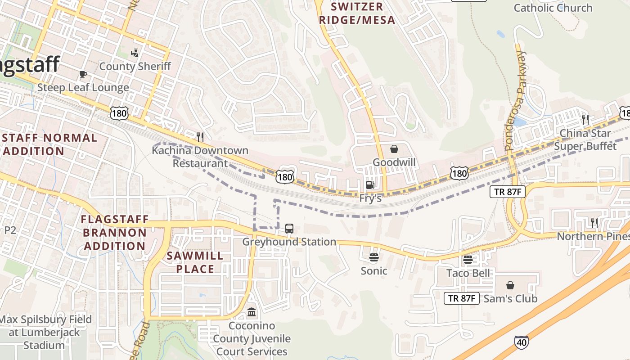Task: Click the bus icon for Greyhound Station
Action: tap(289, 229)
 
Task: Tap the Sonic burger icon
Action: tap(373, 257)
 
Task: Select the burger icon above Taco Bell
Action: tap(468, 260)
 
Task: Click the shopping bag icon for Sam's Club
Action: tap(510, 285)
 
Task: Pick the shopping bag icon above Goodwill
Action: tap(394, 149)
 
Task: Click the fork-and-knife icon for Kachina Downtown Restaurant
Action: tap(200, 137)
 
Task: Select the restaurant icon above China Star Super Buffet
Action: tap(585, 119)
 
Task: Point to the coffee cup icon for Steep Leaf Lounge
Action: tap(83, 74)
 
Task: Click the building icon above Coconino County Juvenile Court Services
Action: tap(252, 312)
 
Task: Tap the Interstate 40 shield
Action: tap(521, 342)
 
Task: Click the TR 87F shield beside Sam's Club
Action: tap(462, 298)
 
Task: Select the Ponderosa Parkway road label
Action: tap(516, 101)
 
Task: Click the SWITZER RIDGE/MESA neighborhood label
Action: tap(363, 13)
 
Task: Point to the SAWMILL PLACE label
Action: tap(195, 262)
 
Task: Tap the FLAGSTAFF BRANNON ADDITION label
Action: tap(114, 233)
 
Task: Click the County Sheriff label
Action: tap(135, 67)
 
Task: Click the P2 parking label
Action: tap(10, 230)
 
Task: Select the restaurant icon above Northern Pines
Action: tap(594, 222)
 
